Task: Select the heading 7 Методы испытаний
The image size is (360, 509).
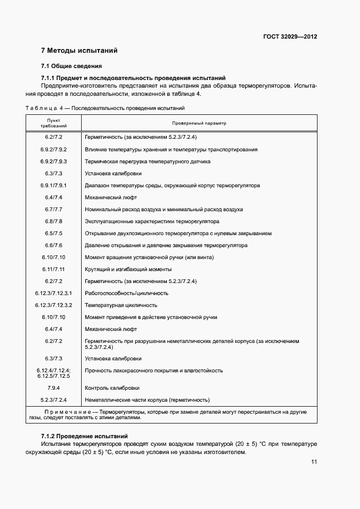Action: (80, 51)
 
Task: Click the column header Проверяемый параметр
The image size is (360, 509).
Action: (199, 123)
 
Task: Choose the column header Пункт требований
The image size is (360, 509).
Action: (53, 123)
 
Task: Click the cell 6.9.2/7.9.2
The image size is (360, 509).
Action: (53, 149)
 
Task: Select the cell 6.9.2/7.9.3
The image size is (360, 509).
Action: (53, 161)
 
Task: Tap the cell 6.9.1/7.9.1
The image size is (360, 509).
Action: (53, 185)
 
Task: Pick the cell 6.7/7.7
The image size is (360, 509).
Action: (53, 209)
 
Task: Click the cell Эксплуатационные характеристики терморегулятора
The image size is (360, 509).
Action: (152, 222)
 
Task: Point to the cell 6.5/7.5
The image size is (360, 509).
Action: (53, 234)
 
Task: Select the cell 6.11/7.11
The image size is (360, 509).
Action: (53, 269)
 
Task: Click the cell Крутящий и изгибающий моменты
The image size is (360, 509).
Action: (129, 269)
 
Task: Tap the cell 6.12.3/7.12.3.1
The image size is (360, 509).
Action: (53, 293)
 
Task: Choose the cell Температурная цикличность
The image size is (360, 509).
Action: (121, 305)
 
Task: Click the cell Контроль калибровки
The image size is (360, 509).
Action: (113, 388)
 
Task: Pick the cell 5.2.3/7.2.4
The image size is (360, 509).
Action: (53, 400)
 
